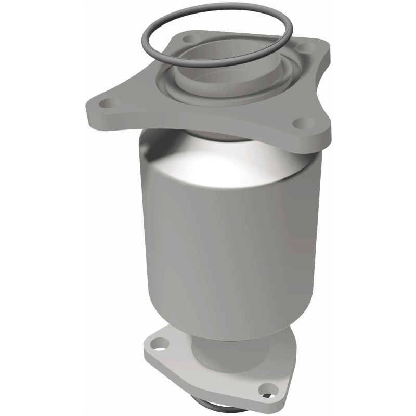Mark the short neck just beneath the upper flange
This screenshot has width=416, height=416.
click(218, 136)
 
